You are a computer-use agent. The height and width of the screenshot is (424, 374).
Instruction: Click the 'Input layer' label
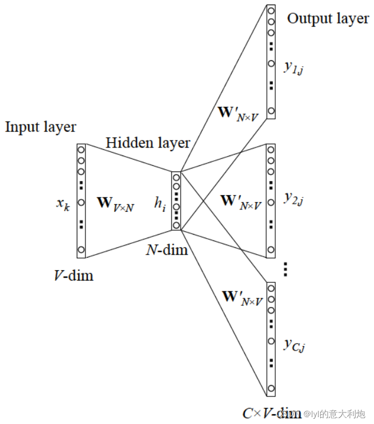click(x=40, y=127)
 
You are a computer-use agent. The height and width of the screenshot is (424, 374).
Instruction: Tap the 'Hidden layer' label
click(x=147, y=142)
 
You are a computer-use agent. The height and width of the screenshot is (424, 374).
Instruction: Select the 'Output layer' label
click(x=328, y=18)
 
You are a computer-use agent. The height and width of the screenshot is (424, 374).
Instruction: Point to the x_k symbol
click(x=63, y=203)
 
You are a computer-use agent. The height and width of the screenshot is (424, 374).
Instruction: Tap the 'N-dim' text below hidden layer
click(x=167, y=250)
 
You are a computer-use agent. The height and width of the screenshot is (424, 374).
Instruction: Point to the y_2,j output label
click(x=293, y=199)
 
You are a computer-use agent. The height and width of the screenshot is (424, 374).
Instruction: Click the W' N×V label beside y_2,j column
click(x=240, y=201)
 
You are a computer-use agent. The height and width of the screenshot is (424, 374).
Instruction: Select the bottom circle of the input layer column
click(x=81, y=250)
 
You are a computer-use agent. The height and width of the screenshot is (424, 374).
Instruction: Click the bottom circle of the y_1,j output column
click(x=271, y=111)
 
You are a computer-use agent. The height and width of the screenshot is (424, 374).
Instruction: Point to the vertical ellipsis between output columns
click(x=285, y=270)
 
